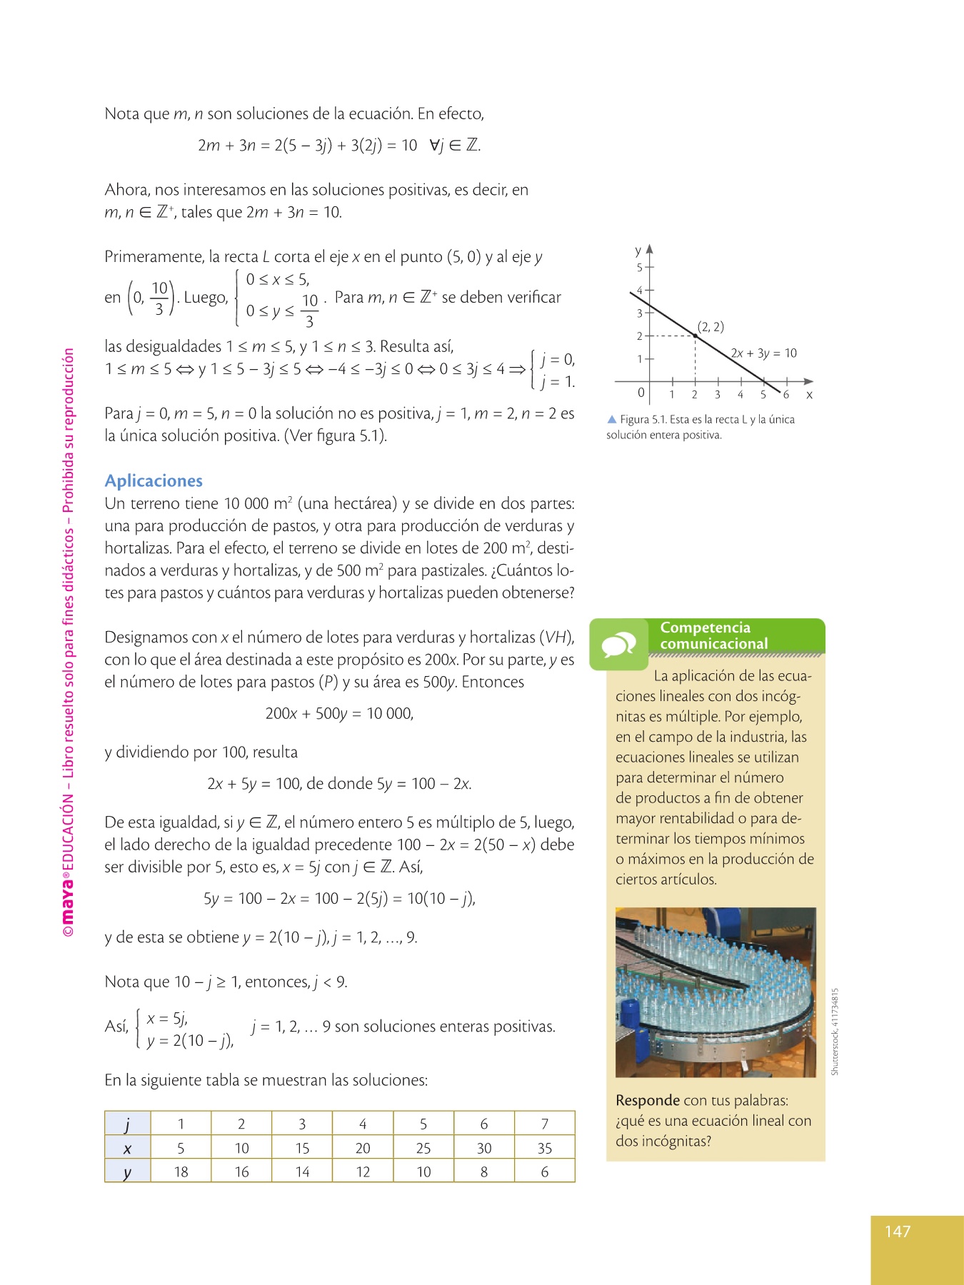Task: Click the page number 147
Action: (x=897, y=1231)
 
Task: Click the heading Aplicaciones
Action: (x=154, y=480)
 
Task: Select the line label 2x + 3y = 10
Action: (x=763, y=353)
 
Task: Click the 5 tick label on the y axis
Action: (x=640, y=268)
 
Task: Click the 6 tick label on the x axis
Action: (x=785, y=395)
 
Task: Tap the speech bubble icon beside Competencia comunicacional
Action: (x=618, y=645)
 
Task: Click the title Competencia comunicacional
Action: (x=714, y=635)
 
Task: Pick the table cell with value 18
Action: (x=181, y=1171)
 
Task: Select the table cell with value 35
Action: (x=544, y=1148)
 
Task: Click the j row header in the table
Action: (x=128, y=1124)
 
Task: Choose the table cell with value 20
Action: (x=363, y=1148)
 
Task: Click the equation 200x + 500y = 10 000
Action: (x=339, y=713)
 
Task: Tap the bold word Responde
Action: (x=648, y=1100)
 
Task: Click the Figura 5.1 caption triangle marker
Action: (x=611, y=419)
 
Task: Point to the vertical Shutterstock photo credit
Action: (x=835, y=1031)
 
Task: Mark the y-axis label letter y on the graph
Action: (x=638, y=251)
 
